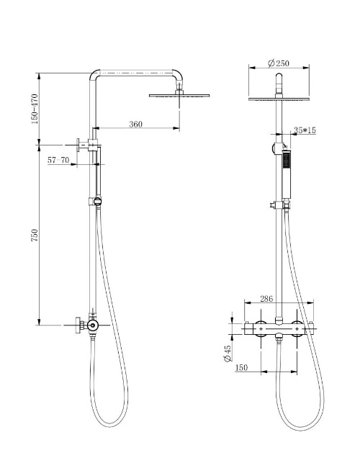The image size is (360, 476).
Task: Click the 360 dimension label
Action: (135, 124)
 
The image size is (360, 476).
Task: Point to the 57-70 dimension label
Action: (58, 161)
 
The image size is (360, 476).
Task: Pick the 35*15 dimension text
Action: (305, 130)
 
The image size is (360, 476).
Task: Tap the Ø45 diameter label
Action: (228, 353)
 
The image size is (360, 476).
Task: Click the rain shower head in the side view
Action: (181, 95)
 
